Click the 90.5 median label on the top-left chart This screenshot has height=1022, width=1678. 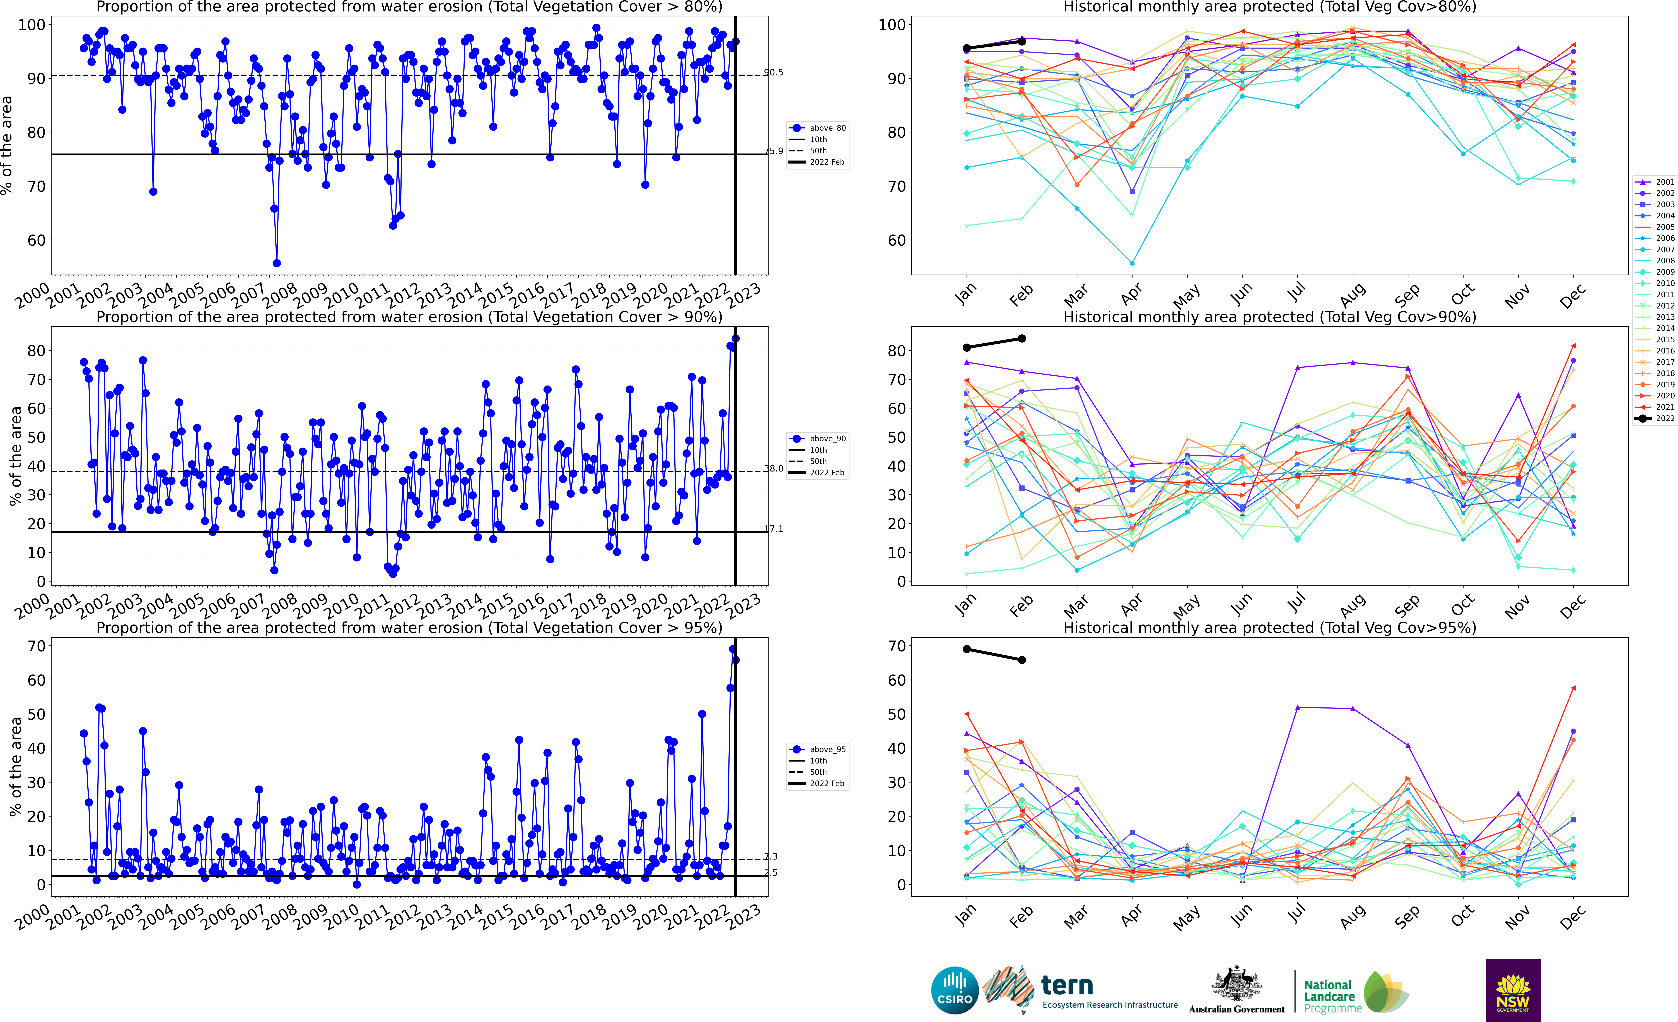(773, 72)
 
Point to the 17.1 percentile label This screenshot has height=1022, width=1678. (773, 529)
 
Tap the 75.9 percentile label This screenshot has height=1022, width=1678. (773, 151)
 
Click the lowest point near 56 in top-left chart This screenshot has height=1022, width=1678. (276, 263)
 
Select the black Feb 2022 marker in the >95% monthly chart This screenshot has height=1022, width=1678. (1022, 660)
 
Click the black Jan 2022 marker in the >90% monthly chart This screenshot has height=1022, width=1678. (966, 348)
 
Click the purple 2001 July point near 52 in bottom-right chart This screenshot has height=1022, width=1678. (1297, 708)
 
